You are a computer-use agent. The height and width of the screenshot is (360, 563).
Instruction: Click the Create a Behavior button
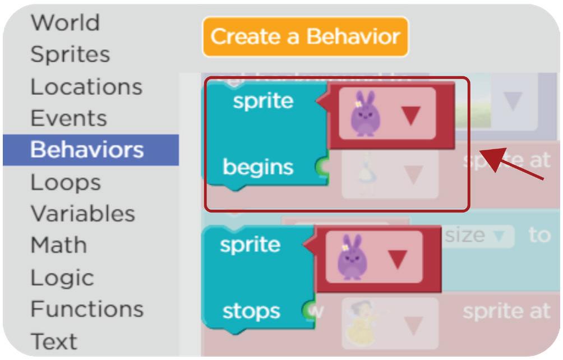tap(306, 37)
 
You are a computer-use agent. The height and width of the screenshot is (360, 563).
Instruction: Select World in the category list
tap(65, 23)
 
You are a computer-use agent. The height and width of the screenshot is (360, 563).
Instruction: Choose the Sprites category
tap(70, 54)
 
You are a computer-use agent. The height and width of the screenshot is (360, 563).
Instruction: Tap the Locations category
tap(86, 87)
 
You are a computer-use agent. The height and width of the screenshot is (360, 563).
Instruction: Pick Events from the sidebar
tap(68, 118)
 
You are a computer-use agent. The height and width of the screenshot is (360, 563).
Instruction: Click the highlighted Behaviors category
tap(87, 150)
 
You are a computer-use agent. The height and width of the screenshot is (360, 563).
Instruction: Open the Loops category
tap(66, 182)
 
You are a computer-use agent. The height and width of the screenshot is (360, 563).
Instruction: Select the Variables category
tap(82, 214)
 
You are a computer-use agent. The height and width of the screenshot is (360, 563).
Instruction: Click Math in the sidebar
tap(58, 245)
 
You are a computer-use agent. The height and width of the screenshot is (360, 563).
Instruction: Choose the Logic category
tap(62, 278)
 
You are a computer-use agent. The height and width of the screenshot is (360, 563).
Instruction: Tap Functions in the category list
tap(87, 309)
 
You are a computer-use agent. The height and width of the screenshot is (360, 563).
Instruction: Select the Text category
tap(54, 341)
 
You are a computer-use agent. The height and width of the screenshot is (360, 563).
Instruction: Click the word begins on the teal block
tap(258, 167)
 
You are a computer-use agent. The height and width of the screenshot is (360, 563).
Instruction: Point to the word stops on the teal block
tap(251, 311)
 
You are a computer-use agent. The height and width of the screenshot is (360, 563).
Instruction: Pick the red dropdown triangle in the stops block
tap(397, 259)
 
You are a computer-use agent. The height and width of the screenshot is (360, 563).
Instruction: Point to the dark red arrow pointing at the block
tap(513, 163)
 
